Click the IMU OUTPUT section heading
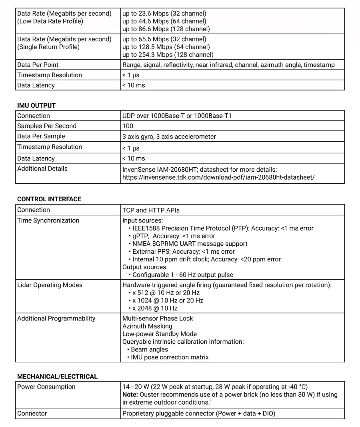coord(36,106)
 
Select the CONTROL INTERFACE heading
coord(49,199)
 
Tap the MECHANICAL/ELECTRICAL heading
coord(57,377)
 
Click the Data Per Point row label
coord(38,65)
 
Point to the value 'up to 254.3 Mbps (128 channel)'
coord(168,55)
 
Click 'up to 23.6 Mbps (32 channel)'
coord(164,14)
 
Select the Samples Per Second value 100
coord(128,126)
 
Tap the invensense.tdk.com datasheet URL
coord(218,177)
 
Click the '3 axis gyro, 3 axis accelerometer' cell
coord(169,137)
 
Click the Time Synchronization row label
coord(48,221)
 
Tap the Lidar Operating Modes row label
coord(50,285)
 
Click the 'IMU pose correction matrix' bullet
coord(170,357)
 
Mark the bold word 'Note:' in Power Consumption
coord(130,395)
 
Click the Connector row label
coord(32,413)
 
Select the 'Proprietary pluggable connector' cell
coord(199,413)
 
